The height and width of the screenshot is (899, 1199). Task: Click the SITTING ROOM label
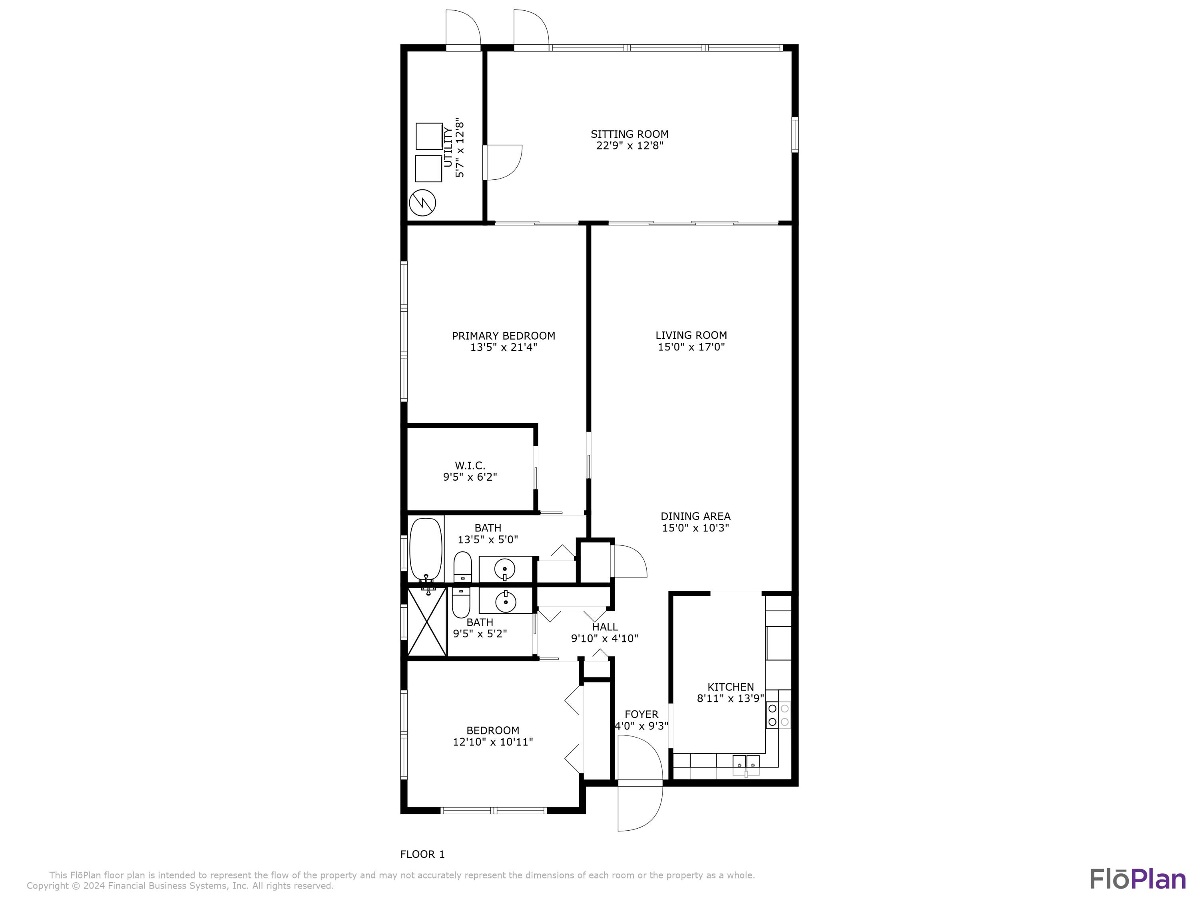pyautogui.click(x=629, y=134)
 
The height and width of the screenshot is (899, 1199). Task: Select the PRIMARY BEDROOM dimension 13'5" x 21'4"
pyautogui.click(x=504, y=347)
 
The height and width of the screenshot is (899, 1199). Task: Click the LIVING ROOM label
pyautogui.click(x=691, y=336)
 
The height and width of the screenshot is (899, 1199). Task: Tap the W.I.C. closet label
pyautogui.click(x=470, y=465)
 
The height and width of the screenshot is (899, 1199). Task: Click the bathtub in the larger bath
pyautogui.click(x=426, y=550)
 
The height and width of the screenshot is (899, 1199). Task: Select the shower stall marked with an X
pyautogui.click(x=426, y=622)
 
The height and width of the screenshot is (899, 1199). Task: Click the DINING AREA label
pyautogui.click(x=695, y=516)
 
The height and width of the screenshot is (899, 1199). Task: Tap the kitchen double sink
pyautogui.click(x=747, y=765)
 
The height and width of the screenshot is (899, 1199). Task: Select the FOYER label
pyautogui.click(x=641, y=714)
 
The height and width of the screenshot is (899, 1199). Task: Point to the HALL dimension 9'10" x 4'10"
pyautogui.click(x=604, y=638)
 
